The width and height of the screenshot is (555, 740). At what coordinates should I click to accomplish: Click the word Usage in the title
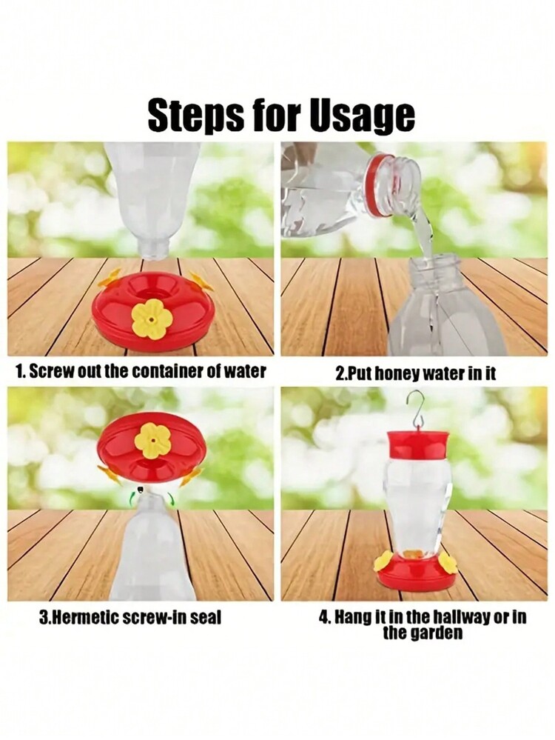(362, 116)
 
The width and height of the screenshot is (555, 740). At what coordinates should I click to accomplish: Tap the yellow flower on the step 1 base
(151, 319)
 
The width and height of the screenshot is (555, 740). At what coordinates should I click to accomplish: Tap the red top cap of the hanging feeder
(417, 445)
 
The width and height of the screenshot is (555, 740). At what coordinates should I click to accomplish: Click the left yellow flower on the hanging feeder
(384, 561)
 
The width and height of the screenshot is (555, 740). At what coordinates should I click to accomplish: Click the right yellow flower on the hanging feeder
(447, 561)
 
